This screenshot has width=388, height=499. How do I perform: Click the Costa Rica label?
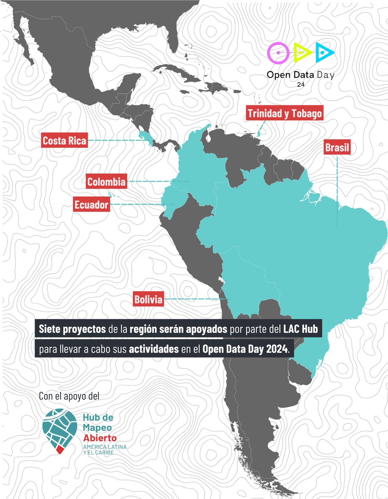64,141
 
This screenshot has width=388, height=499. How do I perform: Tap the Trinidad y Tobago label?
284,114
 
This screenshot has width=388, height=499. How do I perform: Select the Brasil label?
337,148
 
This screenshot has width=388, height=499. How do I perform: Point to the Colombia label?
106,182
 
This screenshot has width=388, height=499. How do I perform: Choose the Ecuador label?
91,205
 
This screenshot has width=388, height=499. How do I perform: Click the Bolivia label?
148,299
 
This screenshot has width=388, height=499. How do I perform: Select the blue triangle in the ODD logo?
324,52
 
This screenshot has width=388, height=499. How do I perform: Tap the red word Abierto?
99,438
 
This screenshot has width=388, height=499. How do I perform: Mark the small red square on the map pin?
59,448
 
